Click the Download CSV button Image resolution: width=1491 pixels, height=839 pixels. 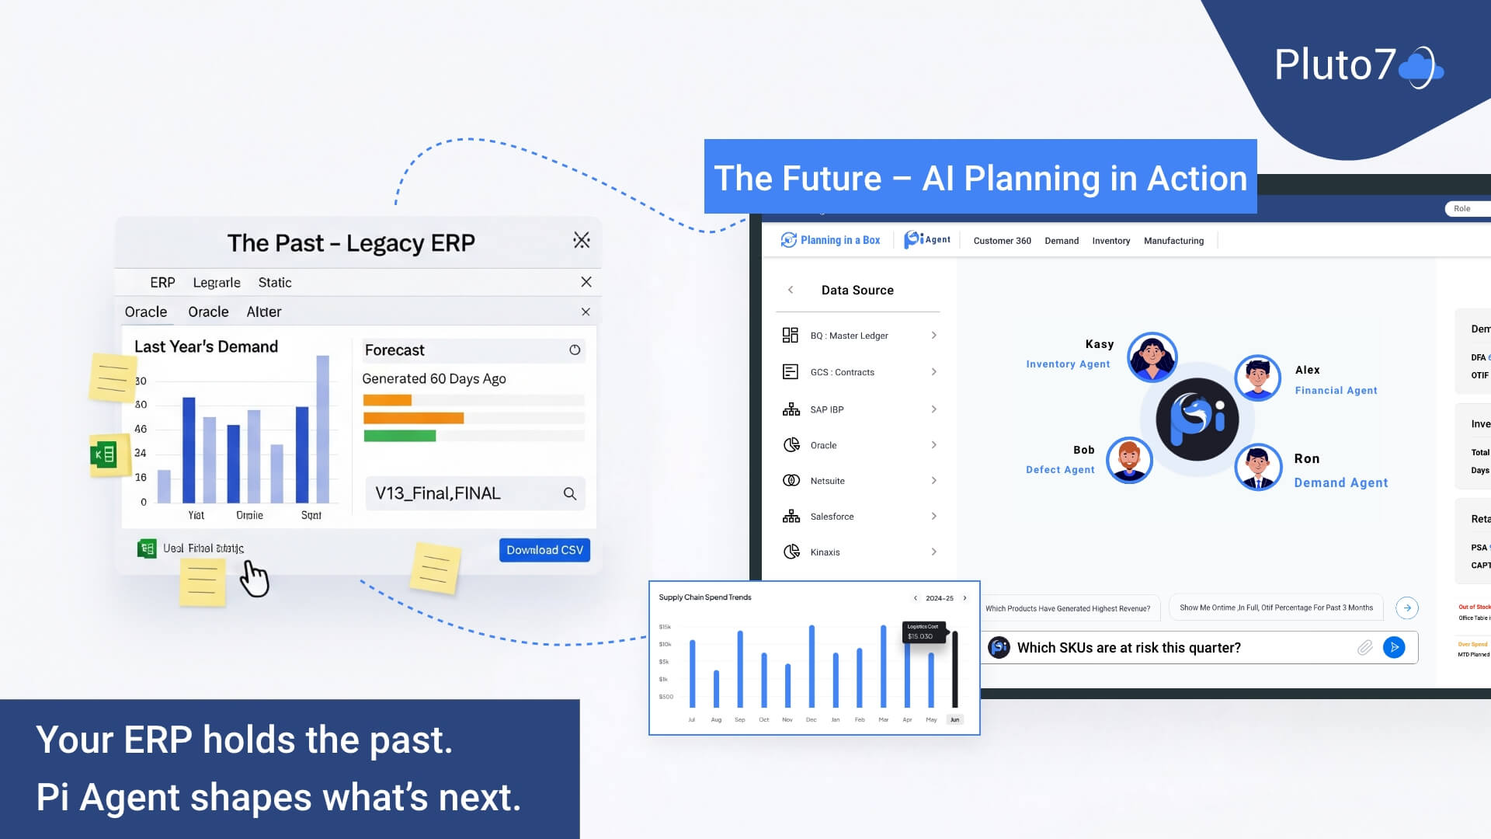click(544, 550)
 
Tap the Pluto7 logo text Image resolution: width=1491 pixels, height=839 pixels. click(1335, 65)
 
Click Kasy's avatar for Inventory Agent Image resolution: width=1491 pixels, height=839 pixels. click(1152, 357)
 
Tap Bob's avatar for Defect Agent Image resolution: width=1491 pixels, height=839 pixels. click(1129, 460)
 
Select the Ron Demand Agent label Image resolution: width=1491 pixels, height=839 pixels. click(1340, 482)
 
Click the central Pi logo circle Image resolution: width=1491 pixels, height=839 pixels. click(1197, 419)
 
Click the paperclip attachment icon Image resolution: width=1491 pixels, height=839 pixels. click(1364, 648)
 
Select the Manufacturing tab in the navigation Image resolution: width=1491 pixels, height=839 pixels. click(1173, 241)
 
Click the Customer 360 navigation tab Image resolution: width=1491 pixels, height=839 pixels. click(1002, 241)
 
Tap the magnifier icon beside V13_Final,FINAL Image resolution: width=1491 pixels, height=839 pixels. click(570, 494)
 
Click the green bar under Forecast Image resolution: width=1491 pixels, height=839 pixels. click(400, 436)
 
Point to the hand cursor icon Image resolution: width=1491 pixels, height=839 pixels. click(254, 579)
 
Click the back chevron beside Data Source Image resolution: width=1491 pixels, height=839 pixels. click(791, 290)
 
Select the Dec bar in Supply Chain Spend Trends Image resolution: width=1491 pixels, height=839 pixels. click(812, 667)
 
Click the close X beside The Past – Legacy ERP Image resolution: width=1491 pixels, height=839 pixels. click(582, 241)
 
